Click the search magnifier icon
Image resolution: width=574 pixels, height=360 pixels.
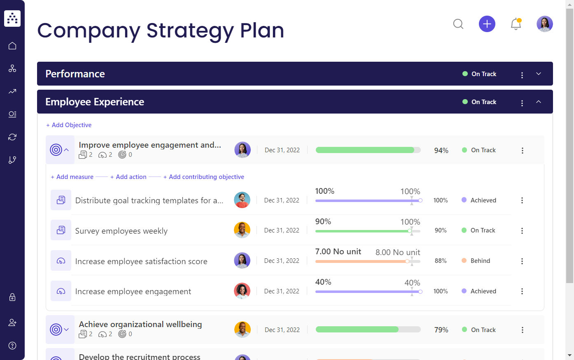(x=458, y=24)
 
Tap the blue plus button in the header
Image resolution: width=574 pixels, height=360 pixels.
(x=487, y=24)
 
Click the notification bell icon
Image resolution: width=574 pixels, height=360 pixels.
(x=516, y=24)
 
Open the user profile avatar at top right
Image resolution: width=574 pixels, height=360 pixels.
(x=545, y=24)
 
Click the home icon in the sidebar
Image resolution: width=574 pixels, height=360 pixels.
(x=12, y=46)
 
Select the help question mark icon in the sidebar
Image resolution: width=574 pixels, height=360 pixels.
(x=12, y=346)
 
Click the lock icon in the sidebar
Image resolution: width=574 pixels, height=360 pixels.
(x=12, y=297)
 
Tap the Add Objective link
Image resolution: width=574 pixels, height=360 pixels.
(x=69, y=125)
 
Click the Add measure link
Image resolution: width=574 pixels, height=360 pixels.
(x=72, y=177)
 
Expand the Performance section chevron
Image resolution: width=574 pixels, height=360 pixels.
(x=539, y=74)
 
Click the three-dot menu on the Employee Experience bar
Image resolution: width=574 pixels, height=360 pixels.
(x=522, y=103)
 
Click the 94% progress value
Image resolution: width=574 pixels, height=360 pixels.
(x=441, y=151)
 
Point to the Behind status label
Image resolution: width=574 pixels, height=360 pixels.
(x=480, y=261)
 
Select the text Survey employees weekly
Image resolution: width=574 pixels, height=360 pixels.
(x=121, y=231)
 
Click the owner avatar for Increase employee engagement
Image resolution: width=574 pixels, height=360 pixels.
(x=242, y=291)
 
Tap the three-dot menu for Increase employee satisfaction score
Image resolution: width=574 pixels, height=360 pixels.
(x=522, y=261)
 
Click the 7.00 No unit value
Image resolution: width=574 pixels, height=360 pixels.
(x=338, y=252)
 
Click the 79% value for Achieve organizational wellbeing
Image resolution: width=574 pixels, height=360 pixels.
(x=441, y=330)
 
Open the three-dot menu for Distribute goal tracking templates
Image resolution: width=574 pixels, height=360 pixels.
(x=522, y=200)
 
